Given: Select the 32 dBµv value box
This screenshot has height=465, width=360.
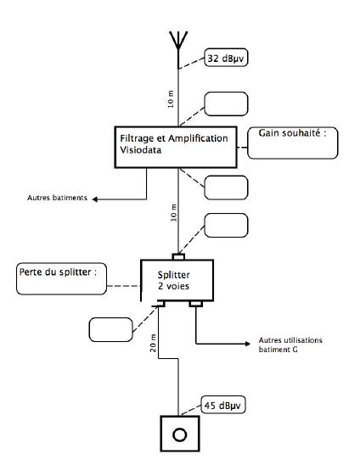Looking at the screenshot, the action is (x=226, y=58).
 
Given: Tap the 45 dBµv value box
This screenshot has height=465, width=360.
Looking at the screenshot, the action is (x=223, y=405).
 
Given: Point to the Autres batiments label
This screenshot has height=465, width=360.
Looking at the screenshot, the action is (x=57, y=198).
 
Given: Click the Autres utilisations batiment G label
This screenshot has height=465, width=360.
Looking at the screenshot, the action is (x=290, y=345).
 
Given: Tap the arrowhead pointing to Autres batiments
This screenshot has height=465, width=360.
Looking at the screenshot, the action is (x=95, y=199).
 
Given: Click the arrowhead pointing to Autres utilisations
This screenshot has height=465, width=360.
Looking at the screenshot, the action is (x=248, y=344).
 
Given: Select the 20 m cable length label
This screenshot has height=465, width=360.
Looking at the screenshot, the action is (x=153, y=343).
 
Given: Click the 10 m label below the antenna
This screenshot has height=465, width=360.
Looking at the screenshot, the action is (x=171, y=99).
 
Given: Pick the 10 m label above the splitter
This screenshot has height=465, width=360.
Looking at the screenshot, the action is (x=173, y=213).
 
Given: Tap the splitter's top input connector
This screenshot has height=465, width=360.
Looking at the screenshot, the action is (x=178, y=256).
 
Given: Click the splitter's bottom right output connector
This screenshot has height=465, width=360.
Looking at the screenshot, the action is (x=196, y=304).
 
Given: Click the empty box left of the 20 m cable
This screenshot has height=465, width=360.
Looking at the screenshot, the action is (x=110, y=329).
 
